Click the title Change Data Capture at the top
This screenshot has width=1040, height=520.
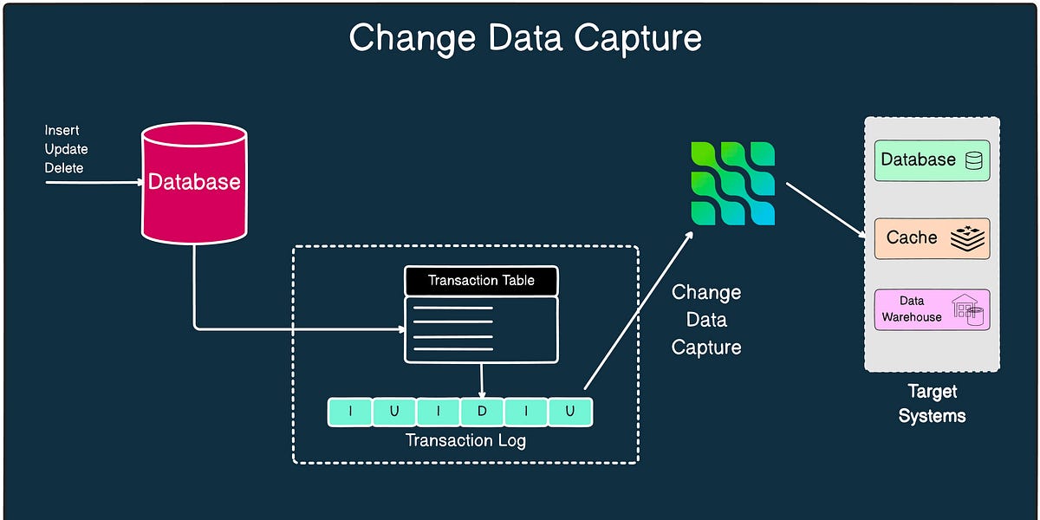coord(524,38)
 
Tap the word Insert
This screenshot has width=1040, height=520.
coord(62,130)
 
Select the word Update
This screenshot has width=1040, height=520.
coord(66,149)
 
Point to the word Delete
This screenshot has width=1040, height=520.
coord(64,167)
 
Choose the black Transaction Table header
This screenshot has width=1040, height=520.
coord(481,281)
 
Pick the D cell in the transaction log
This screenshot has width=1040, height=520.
coord(482,412)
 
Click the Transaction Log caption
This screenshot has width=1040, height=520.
coord(465,440)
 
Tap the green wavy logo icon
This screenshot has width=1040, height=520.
coord(732,184)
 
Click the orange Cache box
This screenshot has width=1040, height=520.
coord(932,238)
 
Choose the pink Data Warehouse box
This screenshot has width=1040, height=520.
coord(932,309)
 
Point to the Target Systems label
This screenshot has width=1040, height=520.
coord(932,404)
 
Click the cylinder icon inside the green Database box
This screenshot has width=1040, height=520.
coord(974,160)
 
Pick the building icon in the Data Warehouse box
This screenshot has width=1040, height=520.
coord(968,309)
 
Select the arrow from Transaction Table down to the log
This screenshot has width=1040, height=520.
coord(482,380)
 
